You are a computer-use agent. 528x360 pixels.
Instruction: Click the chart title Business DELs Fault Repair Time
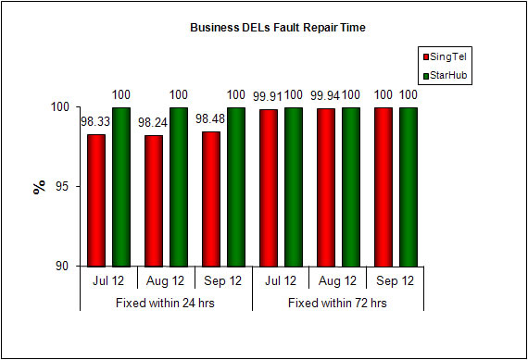tap(277, 28)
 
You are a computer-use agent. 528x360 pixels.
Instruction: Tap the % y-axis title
tap(39, 186)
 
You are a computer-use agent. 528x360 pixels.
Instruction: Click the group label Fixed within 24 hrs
tap(166, 303)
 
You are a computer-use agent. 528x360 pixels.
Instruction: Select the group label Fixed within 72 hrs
tap(337, 303)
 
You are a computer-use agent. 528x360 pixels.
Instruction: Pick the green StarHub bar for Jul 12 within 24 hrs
tap(120, 186)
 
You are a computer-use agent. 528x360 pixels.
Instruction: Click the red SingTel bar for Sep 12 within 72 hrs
tap(383, 186)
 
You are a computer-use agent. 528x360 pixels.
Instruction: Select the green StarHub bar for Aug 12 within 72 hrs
tap(350, 186)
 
